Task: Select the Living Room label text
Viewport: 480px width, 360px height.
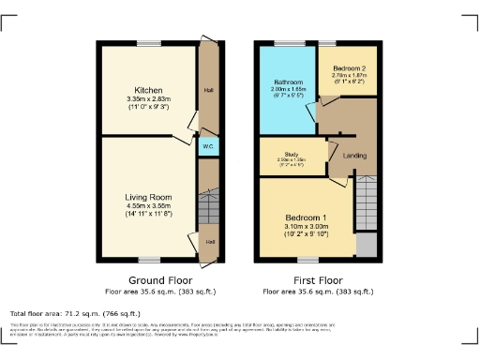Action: pos(149,197)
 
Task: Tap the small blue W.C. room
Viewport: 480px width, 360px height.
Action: pos(206,146)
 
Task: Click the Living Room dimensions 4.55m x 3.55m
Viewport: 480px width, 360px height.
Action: pos(149,206)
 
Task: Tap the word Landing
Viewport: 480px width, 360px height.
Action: pos(353,156)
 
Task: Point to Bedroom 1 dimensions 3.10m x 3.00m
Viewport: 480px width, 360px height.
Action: pos(307,227)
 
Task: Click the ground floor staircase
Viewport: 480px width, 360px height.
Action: pos(207,203)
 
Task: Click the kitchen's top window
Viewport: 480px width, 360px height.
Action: pos(148,42)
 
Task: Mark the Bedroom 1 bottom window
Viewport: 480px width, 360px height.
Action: pos(307,259)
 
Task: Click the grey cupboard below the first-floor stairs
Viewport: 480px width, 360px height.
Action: pos(366,245)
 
